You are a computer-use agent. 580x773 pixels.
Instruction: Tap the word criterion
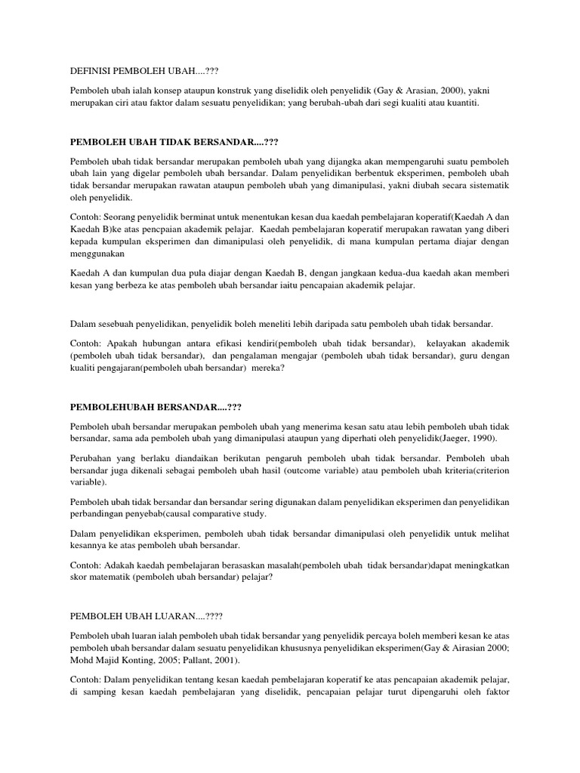coord(486,470)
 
